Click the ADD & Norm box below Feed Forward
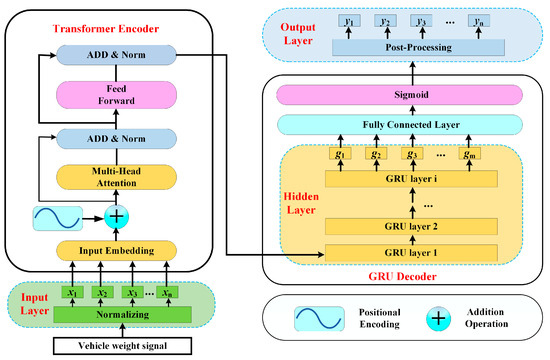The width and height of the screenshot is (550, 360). click(x=108, y=138)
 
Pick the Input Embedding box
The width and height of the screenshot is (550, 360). click(x=108, y=249)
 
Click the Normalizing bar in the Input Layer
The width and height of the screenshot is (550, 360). click(x=109, y=315)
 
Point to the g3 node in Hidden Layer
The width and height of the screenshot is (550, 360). click(x=411, y=153)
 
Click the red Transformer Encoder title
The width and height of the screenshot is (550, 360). click(x=103, y=26)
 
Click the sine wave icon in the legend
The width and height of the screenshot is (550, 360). click(x=323, y=318)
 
